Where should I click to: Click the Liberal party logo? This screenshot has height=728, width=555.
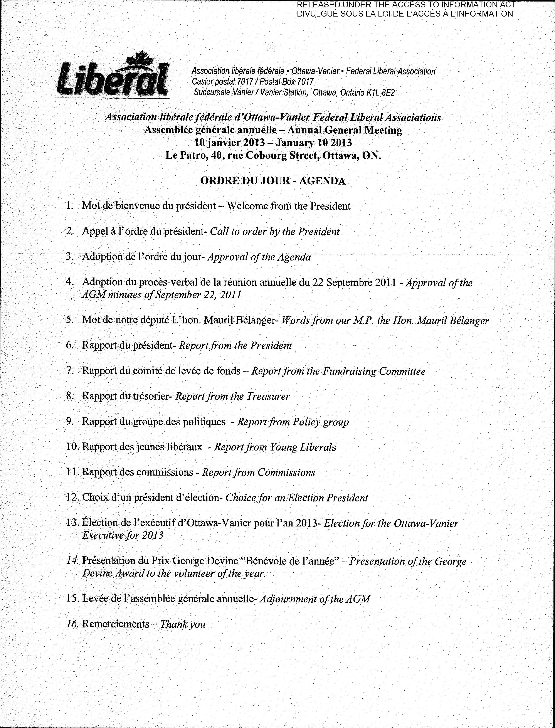[112, 78]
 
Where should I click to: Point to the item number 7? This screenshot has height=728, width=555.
[69, 371]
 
